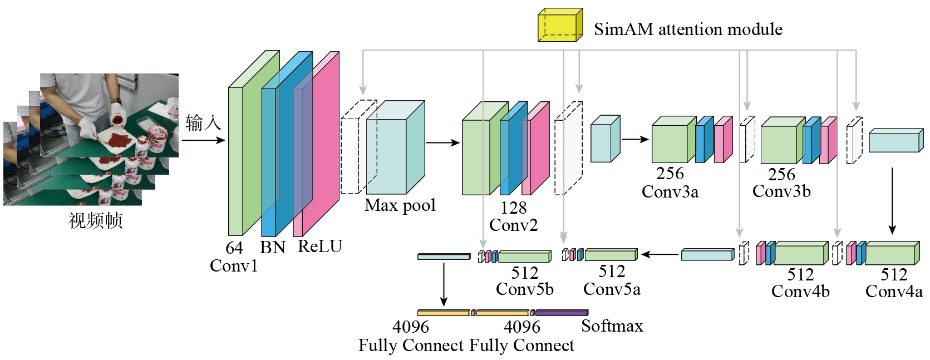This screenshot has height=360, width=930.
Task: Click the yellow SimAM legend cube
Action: (x=559, y=26)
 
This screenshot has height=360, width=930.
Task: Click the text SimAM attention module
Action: (x=688, y=29)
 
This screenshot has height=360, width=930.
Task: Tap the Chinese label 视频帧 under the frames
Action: (x=95, y=220)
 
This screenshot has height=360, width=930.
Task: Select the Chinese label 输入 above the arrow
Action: (x=203, y=122)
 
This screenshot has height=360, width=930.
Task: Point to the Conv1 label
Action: (x=234, y=266)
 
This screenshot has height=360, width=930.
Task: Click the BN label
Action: (x=272, y=247)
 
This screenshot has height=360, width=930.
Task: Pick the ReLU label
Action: (x=320, y=246)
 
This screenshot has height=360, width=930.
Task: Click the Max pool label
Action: (x=400, y=205)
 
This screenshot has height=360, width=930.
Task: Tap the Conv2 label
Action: (x=513, y=225)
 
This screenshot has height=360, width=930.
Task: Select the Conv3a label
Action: (x=670, y=192)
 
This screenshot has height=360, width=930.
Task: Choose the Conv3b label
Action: (x=781, y=191)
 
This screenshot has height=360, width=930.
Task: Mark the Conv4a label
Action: (x=894, y=292)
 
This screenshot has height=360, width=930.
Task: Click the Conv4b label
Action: (x=800, y=292)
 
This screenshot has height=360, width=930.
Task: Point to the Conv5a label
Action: (x=612, y=289)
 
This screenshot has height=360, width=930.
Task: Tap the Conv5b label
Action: (x=524, y=289)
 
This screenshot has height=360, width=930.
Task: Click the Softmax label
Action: (x=612, y=326)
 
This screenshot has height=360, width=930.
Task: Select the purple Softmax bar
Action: (x=561, y=313)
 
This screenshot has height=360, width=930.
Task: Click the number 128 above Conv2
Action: (x=513, y=208)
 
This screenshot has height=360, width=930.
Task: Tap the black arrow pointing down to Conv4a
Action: (x=892, y=200)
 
